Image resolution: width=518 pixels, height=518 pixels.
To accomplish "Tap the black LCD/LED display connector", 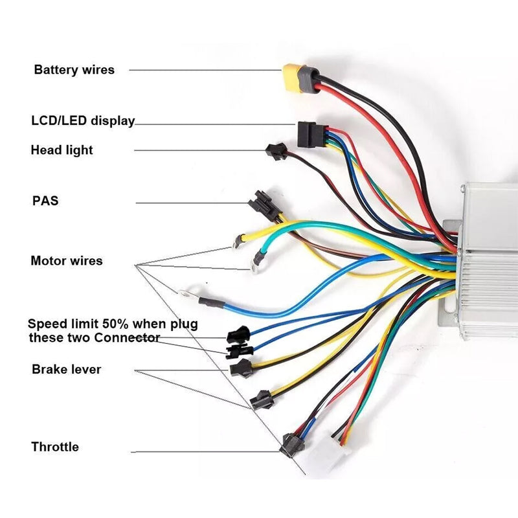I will tap(307, 133).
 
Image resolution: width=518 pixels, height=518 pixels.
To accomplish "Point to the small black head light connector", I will tap(275, 152).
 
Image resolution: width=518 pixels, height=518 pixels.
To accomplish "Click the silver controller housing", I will tap(489, 259).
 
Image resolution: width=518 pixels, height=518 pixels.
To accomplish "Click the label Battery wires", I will tap(74, 69).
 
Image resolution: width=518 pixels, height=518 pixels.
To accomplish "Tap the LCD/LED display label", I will tap(83, 120).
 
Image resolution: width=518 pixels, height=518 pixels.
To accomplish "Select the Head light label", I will tap(62, 150).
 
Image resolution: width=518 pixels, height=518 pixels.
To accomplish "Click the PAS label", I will tap(45, 201).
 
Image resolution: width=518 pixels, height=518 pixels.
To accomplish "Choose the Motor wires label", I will tap(66, 261).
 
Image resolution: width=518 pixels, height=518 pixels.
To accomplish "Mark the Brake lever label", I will tap(66, 370).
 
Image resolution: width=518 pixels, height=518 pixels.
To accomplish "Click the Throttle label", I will tap(55, 447).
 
